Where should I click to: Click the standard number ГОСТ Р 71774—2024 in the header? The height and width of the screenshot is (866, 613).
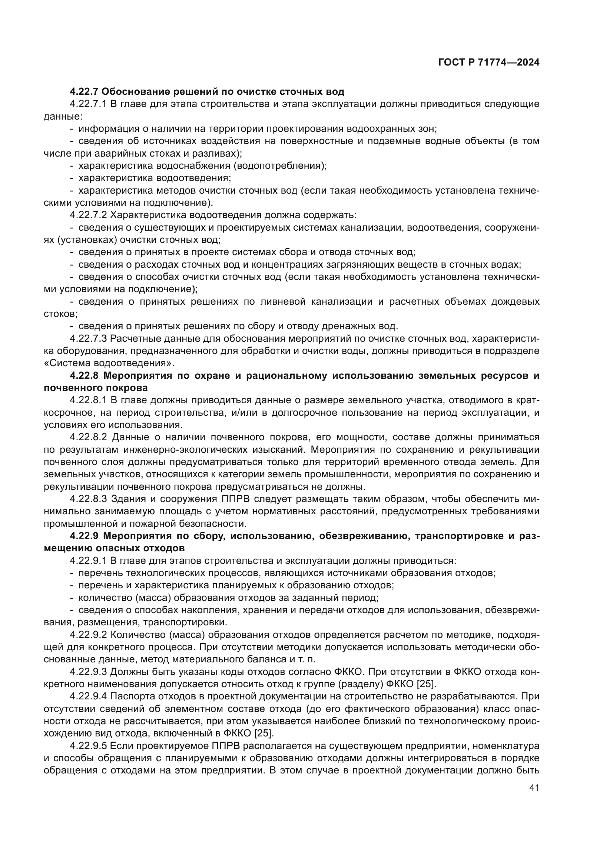[x=489, y=63]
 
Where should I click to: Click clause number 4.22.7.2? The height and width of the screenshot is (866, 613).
[x=89, y=215]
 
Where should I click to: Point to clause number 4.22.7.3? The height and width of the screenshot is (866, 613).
[x=89, y=338]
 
